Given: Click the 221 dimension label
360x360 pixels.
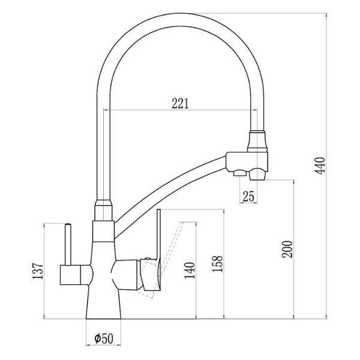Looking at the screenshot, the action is click(180, 104).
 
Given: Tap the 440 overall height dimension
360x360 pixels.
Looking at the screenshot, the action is click(320, 166).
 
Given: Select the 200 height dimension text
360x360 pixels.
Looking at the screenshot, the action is click(287, 250).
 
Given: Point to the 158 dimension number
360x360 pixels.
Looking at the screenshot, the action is click(217, 263).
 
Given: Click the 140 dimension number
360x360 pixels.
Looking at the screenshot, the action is click(190, 270).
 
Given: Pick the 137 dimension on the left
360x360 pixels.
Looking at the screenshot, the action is click(38, 271).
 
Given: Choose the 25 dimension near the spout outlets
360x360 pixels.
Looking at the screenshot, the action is click(248, 197).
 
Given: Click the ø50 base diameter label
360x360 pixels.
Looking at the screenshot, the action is click(104, 338).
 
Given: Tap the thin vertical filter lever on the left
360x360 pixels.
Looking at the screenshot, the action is click(68, 244).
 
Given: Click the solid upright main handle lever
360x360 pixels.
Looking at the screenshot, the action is click(158, 236).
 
